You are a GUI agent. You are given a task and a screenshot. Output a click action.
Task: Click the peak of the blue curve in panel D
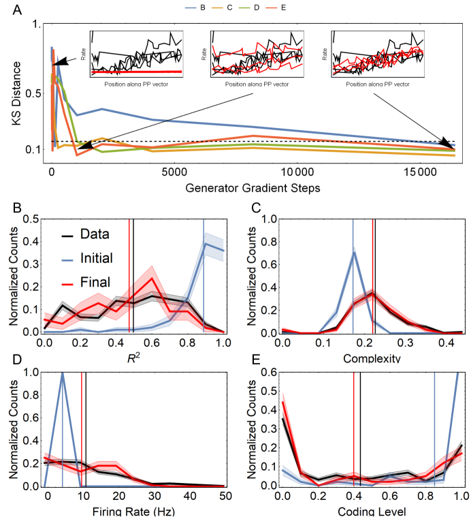pyautogui.click(x=62, y=373)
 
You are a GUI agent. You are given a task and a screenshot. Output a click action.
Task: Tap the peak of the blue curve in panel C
pyautogui.click(x=353, y=253)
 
